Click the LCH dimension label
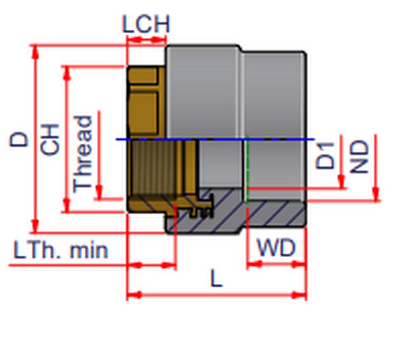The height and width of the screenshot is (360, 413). pos(146,25)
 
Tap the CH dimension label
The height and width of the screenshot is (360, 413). pos(50,139)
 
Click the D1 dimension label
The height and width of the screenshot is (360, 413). pos(325,155)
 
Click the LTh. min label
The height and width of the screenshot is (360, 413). pos(61,250)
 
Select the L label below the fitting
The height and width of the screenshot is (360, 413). pos(216,279)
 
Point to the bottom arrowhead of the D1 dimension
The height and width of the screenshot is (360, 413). pos(342,182)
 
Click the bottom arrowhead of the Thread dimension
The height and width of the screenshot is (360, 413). pos(99,192)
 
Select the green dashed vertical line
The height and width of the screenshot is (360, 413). pos(247,169)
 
